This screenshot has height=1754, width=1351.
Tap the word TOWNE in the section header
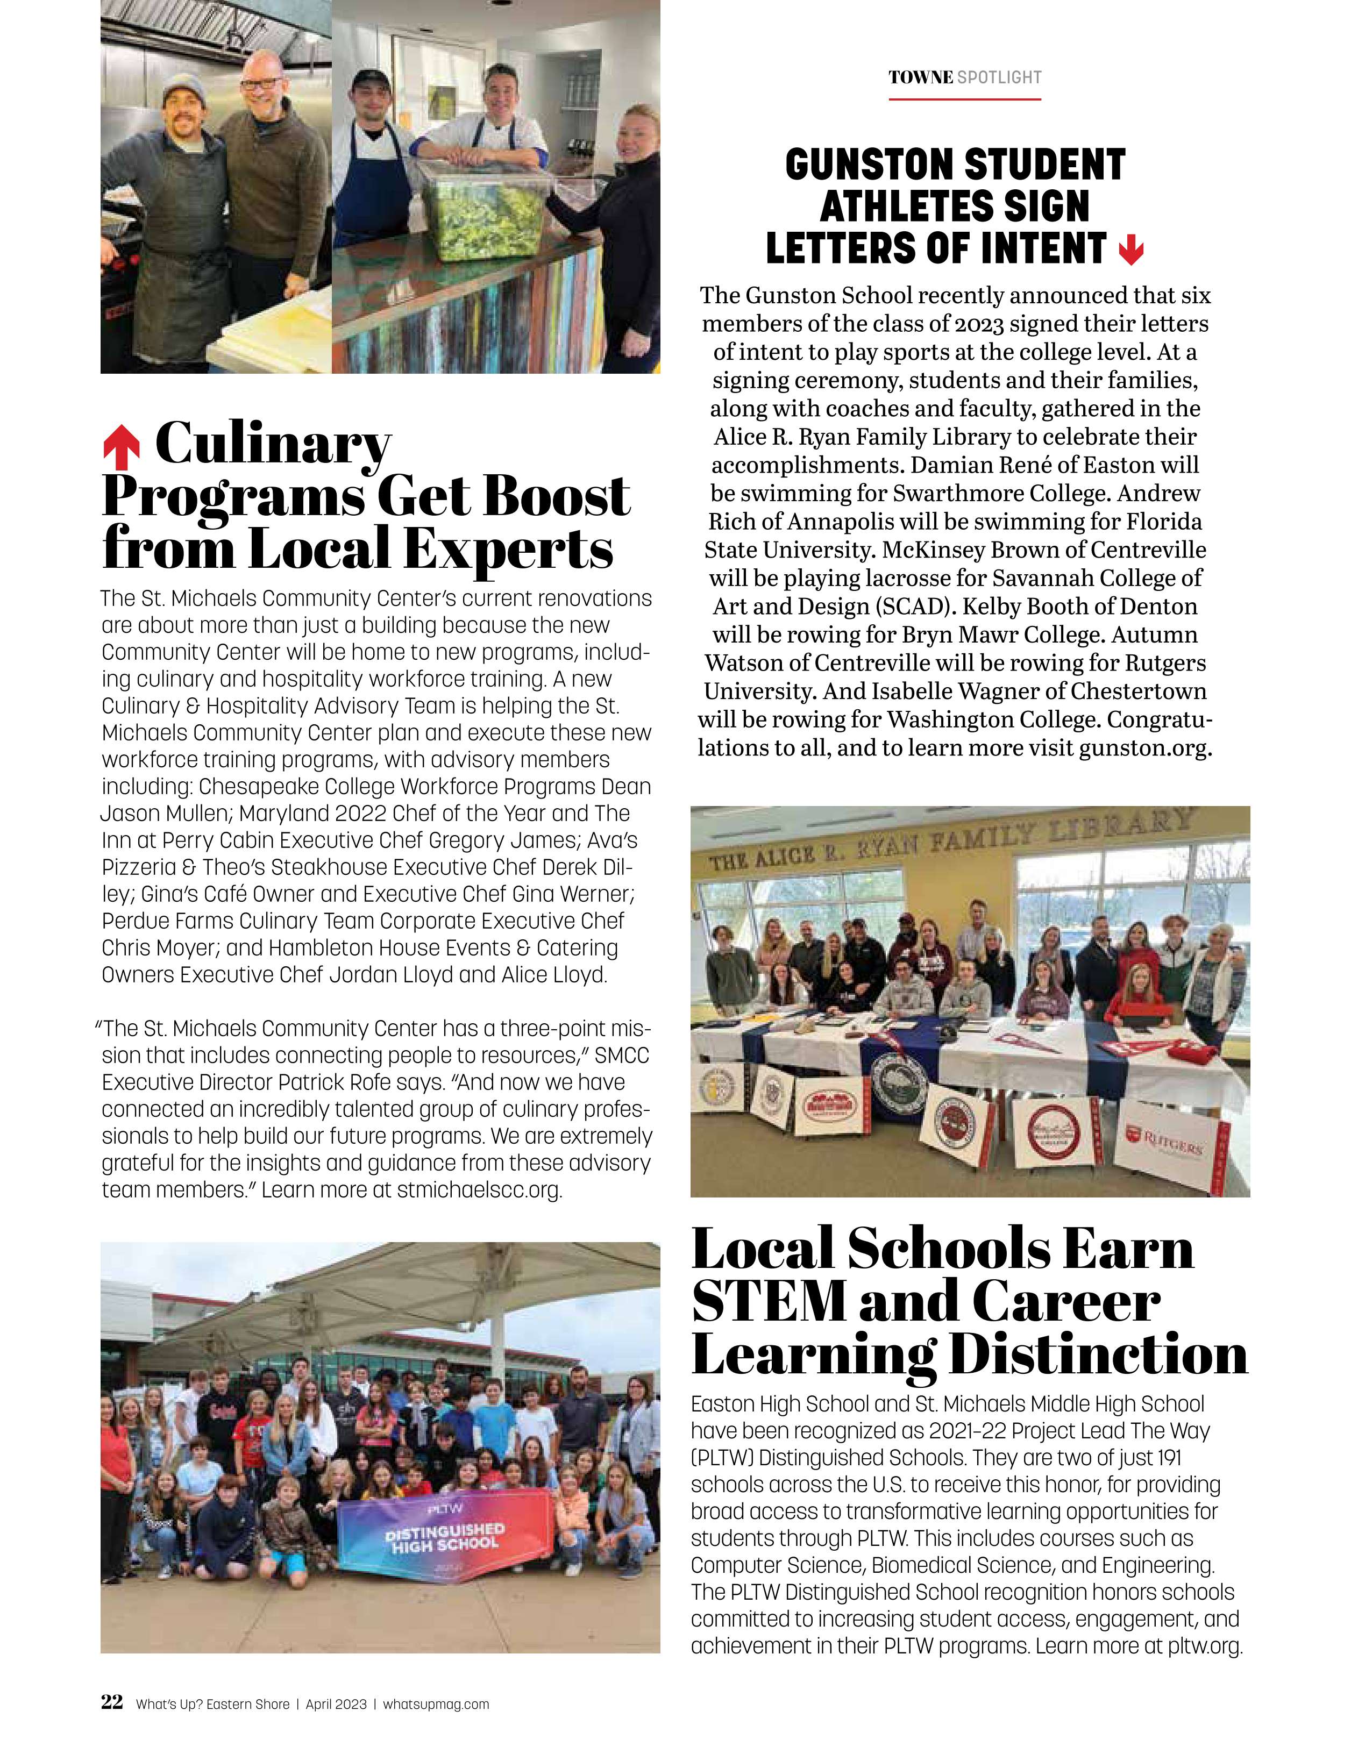tap(921, 78)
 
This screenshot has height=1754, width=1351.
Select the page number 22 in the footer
tap(112, 1701)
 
